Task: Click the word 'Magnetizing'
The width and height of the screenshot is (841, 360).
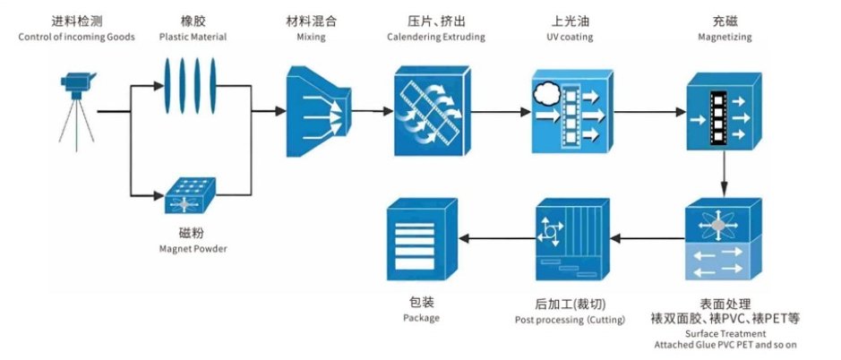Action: pos(725,37)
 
